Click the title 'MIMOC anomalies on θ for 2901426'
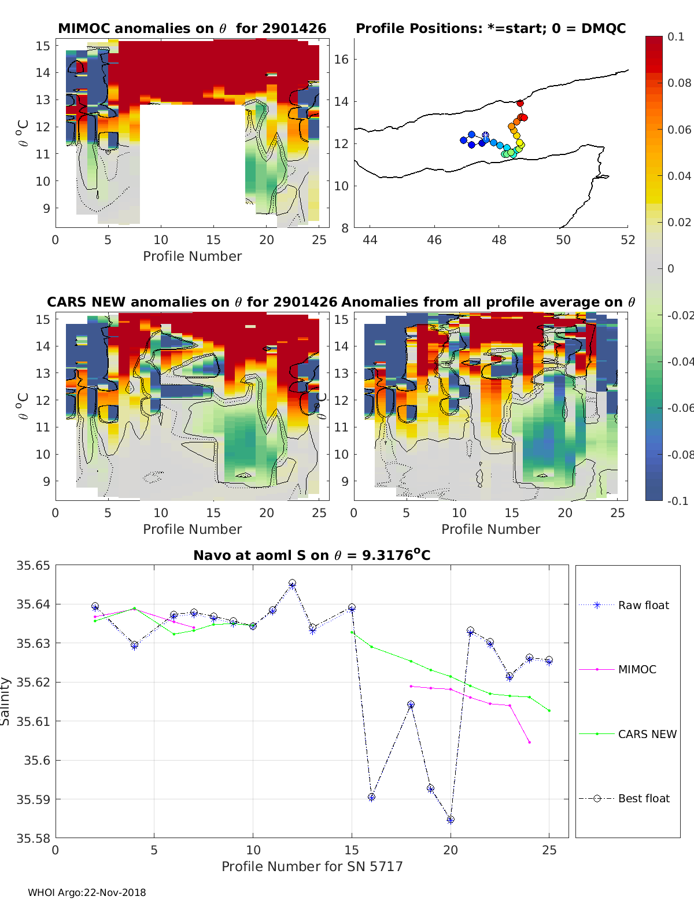coord(192,28)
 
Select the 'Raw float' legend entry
coord(643,605)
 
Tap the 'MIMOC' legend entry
coord(637,669)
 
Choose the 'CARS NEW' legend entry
coord(647,734)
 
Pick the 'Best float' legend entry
coord(643,798)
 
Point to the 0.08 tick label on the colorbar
coord(679,83)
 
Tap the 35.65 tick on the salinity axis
coord(33,565)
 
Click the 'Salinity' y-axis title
coord(6,701)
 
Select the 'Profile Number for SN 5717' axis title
coord(312,866)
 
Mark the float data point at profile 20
coord(451,820)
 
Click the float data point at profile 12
coord(292,584)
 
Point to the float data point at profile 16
coord(371,797)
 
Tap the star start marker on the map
coord(485,135)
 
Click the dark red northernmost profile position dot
coord(520,104)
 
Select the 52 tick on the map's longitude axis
coord(627,239)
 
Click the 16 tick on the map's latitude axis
coord(342,59)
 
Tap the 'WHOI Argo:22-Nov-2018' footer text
coord(87,892)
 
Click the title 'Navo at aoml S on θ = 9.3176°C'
coord(312,555)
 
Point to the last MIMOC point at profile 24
coord(529,742)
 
